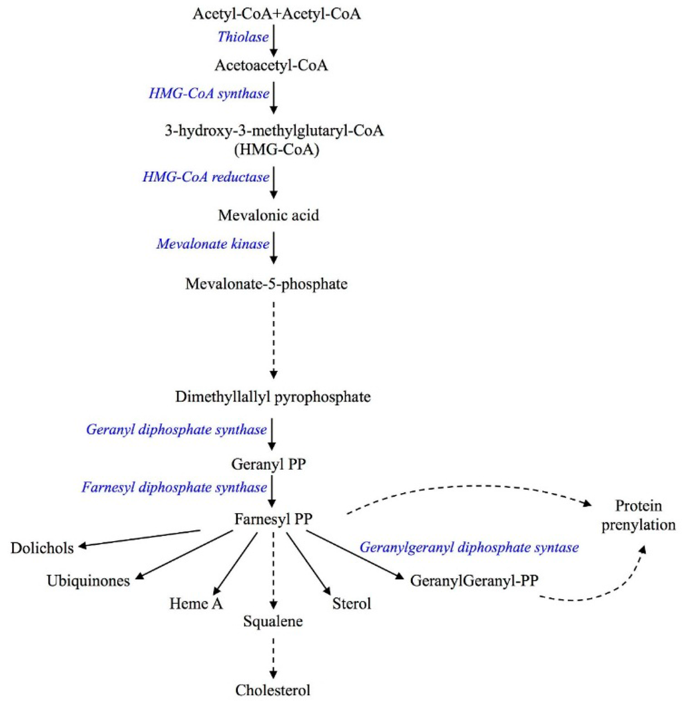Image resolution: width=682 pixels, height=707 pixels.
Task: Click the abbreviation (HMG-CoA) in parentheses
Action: click(x=275, y=150)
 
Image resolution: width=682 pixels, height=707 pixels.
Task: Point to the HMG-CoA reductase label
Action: click(x=206, y=177)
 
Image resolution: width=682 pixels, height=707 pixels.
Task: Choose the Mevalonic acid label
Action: click(x=274, y=215)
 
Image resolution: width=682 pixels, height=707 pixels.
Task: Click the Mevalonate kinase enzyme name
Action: click(x=213, y=244)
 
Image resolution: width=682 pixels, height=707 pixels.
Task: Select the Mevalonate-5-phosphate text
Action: click(x=274, y=285)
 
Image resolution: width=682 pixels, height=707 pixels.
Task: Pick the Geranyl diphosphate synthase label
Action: click(x=176, y=428)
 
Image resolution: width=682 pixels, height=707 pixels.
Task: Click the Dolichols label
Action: click(x=41, y=548)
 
